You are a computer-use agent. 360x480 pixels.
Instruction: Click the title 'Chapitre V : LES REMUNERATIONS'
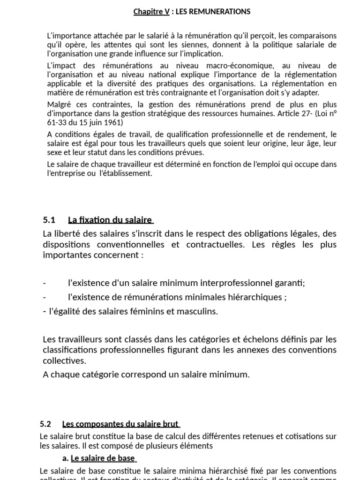tap(192, 12)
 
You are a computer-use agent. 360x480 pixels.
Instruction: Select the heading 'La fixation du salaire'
tap(110, 219)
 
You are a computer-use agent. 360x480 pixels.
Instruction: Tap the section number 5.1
tap(49, 219)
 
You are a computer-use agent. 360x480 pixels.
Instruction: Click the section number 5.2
tap(45, 424)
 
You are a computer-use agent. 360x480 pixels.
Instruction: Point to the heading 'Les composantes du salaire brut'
tap(120, 424)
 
